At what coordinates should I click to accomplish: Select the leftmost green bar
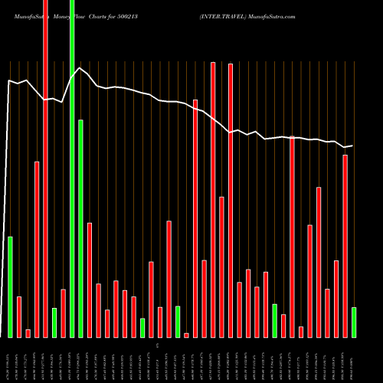10,287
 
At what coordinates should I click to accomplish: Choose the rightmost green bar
353,322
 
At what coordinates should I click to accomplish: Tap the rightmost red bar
345,246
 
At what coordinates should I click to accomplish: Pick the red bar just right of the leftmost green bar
19,316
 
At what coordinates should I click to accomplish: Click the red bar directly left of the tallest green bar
63,313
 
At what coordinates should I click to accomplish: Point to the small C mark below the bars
157,346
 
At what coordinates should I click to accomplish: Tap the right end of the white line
352,146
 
